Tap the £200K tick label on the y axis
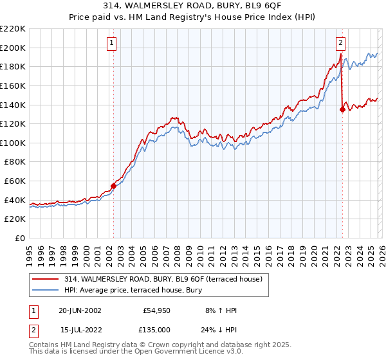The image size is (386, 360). (13, 48)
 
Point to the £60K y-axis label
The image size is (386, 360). (15, 181)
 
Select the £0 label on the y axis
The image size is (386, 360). (21, 239)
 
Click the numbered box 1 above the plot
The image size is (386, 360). (112, 43)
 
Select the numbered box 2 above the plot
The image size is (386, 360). (340, 43)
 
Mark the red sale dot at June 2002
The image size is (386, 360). (114, 186)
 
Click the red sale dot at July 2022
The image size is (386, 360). (342, 109)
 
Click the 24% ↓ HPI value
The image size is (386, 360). (222, 328)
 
